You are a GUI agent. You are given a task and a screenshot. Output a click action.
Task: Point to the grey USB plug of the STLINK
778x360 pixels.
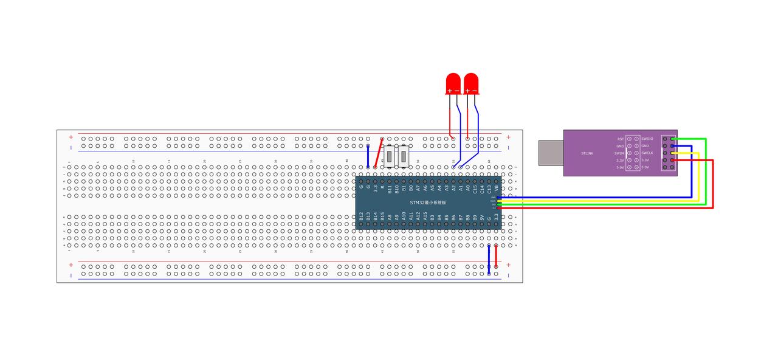click(x=551, y=153)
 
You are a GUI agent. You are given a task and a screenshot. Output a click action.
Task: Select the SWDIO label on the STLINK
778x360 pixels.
click(x=647, y=139)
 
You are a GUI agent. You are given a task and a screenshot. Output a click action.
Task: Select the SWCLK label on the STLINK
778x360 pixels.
click(x=647, y=153)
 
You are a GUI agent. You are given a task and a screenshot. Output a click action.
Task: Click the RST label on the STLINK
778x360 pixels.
click(x=620, y=139)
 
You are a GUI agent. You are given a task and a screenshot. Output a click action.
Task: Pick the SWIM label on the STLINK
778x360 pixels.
click(x=619, y=153)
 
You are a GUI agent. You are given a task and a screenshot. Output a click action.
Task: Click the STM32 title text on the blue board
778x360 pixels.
click(x=428, y=202)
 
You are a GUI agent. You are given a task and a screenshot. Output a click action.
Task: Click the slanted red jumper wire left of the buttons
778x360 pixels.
click(x=379, y=153)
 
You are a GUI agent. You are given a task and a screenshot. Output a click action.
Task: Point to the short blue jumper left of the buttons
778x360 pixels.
click(x=368, y=156)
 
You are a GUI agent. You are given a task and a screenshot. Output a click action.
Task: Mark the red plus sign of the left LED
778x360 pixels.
click(x=450, y=91)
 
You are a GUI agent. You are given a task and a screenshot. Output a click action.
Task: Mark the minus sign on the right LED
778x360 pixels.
click(x=475, y=91)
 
